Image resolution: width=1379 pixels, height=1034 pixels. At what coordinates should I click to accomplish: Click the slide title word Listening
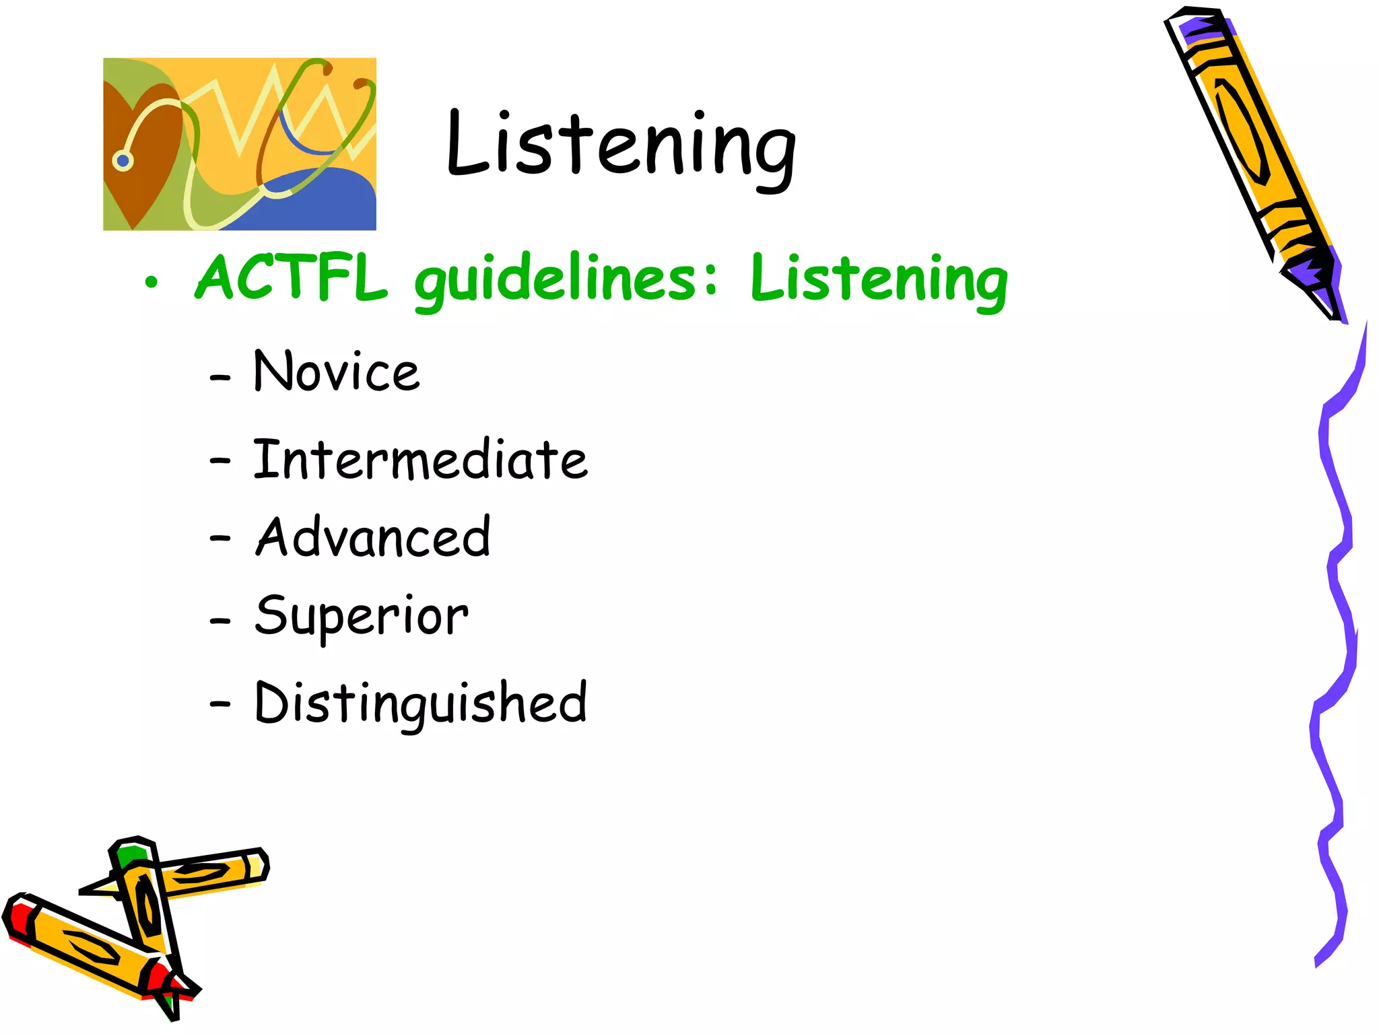(x=621, y=145)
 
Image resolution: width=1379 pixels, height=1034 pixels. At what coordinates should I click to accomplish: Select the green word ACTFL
(x=291, y=277)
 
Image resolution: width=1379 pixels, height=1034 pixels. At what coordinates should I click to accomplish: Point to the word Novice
(x=337, y=372)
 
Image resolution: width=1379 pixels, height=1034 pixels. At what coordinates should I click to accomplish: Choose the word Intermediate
(x=420, y=460)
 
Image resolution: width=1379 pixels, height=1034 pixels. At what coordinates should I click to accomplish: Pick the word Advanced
(x=373, y=537)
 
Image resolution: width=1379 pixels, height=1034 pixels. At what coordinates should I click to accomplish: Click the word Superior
(x=362, y=616)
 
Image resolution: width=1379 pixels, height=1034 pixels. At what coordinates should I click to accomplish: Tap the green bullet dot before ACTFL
(x=152, y=282)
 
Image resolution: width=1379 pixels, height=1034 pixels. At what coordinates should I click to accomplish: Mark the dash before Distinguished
(x=220, y=704)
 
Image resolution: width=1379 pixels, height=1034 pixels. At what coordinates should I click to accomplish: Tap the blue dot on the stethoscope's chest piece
(x=123, y=161)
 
